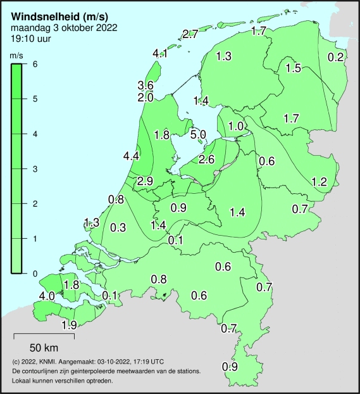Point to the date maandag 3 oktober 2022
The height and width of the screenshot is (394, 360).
(64, 28)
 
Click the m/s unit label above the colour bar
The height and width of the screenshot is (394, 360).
(17, 56)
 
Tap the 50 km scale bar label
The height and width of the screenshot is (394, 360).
(44, 348)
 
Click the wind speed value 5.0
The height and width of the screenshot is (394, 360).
(198, 134)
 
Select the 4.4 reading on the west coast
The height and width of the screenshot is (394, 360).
(132, 156)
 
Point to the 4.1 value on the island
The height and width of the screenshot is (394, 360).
(160, 53)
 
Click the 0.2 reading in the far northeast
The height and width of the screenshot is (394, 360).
(336, 58)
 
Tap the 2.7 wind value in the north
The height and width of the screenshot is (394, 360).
(190, 34)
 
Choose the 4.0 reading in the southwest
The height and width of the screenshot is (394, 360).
(46, 296)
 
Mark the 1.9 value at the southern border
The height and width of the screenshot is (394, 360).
(69, 325)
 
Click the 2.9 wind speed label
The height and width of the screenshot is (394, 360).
(145, 181)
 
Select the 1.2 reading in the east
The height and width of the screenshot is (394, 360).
(319, 182)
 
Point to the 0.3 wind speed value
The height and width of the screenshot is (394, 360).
(118, 227)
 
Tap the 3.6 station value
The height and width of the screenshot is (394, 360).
(146, 86)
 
